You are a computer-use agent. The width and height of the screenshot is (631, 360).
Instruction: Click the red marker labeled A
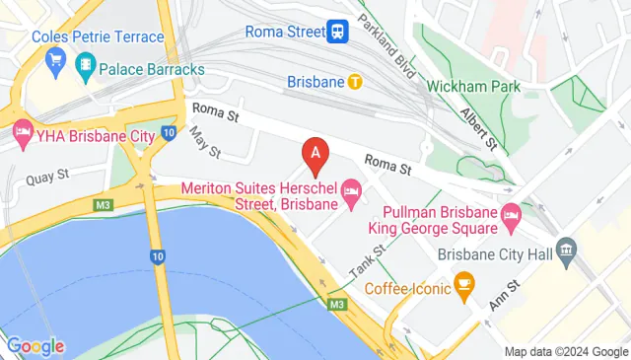coord(315,154)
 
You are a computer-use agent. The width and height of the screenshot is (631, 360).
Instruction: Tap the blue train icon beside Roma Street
coord(338,31)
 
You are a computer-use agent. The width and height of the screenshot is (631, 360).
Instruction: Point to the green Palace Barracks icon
coord(86,68)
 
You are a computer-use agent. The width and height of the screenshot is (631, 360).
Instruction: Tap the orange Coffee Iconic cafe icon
coord(463,288)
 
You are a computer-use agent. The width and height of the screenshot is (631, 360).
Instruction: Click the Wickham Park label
coord(473,86)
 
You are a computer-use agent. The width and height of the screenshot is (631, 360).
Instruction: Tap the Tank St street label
coord(366,260)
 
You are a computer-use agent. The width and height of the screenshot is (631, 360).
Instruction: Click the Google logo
coord(35,346)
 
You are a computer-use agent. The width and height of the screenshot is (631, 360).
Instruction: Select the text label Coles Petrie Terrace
coord(97,36)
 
